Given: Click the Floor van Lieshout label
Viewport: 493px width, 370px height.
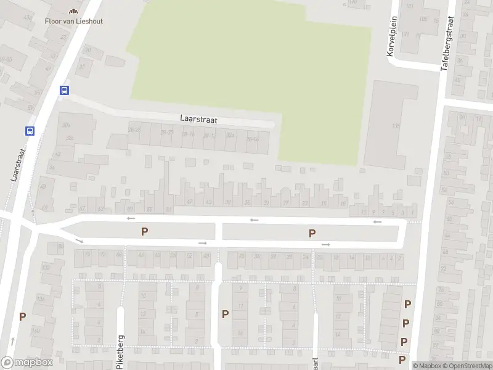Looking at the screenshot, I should coord(73,21).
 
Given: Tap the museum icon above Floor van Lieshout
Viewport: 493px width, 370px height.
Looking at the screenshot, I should coord(73,10).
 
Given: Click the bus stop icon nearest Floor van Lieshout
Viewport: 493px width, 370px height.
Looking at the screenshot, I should coord(64,90).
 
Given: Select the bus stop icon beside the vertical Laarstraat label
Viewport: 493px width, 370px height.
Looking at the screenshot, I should coord(29,131).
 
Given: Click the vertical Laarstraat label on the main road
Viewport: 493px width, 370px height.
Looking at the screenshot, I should coord(16,163).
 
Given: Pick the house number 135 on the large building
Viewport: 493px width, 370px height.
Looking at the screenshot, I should coord(395,126).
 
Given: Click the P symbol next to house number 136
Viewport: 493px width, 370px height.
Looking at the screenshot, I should coord(22,317).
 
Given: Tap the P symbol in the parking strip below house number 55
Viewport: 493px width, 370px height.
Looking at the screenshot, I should coord(145,232).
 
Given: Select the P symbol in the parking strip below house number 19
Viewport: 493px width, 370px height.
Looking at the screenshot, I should coord(312,233).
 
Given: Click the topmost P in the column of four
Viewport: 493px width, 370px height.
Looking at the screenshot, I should coord(407,304).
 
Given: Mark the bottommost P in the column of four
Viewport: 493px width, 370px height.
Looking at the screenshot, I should coord(402,359).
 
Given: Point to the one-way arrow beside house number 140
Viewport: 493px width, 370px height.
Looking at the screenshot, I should coord(12,340).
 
